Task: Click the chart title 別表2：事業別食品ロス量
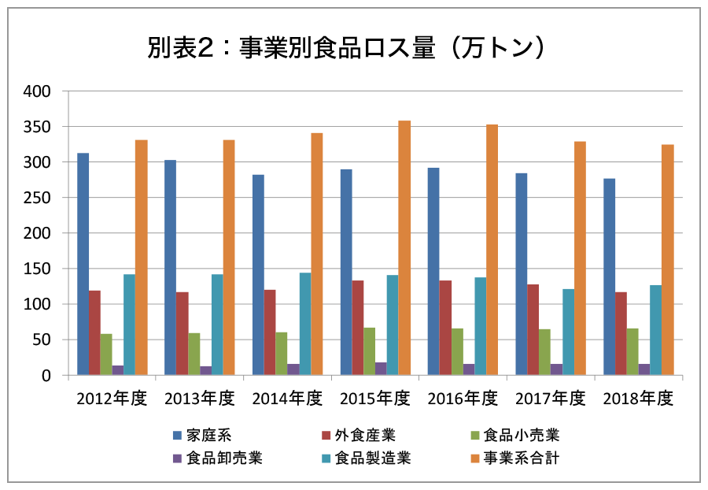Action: coord(346,49)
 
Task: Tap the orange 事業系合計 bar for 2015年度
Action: coord(404,248)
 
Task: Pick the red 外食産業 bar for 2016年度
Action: coord(445,328)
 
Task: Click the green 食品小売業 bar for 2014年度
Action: coord(282,354)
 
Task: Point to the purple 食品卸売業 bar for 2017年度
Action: coord(556,369)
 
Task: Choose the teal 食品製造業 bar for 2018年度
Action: coord(656,330)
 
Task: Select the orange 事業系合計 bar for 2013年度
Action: coord(229,258)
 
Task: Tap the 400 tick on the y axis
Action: coord(37,91)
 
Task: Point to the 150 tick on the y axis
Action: coord(37,269)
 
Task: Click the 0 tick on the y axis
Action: coord(46,376)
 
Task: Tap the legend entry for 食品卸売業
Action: coord(223,458)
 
